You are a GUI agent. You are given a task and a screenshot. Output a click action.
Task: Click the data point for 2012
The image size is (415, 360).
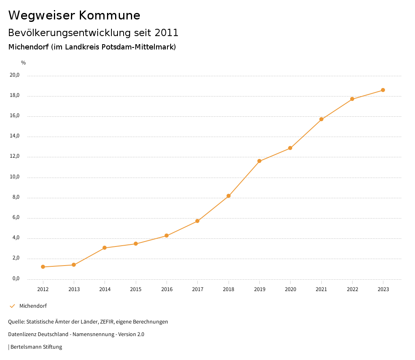point(43,267)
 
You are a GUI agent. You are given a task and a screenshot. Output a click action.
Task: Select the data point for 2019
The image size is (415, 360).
point(259,161)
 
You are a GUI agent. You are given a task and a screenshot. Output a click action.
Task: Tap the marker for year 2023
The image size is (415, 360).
point(383,90)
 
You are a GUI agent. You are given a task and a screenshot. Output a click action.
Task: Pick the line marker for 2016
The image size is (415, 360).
point(167,236)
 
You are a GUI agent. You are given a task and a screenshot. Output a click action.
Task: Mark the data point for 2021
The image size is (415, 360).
point(321,119)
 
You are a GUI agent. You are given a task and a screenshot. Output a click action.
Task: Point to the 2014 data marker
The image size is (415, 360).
point(105,248)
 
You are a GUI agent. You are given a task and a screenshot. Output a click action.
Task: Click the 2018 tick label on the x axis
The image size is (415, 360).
point(229,289)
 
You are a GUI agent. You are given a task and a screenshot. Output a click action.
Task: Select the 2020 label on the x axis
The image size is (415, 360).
point(290,289)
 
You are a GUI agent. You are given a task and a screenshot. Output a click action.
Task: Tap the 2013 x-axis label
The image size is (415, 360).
point(74,289)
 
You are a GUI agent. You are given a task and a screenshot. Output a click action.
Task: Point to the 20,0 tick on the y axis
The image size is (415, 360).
point(15,75)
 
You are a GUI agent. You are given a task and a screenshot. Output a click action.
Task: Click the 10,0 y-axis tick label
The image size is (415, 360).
point(15,177)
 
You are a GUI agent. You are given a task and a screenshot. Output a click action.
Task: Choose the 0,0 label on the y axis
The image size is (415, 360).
point(16,279)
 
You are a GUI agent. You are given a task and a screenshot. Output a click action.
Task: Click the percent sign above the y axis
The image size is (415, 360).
point(24,63)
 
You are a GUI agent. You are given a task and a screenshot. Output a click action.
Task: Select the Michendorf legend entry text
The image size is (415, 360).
point(33,306)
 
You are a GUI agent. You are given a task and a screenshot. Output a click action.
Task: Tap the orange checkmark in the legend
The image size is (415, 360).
point(12,306)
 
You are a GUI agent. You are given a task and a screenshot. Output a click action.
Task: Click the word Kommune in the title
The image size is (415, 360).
point(109,15)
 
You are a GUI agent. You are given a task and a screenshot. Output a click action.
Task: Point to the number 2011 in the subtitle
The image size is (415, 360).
point(166,33)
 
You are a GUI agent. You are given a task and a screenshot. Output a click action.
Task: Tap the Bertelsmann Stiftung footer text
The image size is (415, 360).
point(36,347)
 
